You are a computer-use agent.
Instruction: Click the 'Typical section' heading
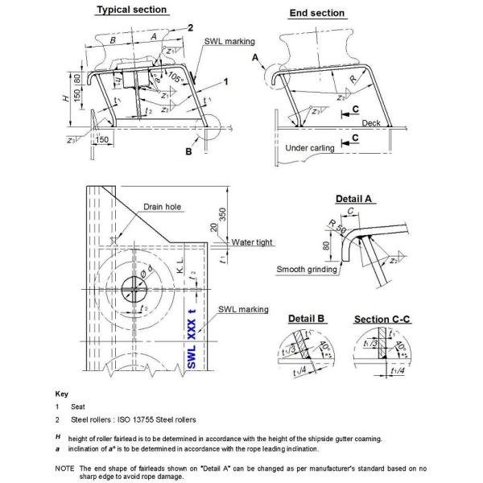(x=132, y=10)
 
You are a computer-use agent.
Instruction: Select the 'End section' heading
(x=316, y=13)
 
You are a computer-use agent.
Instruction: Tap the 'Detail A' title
(x=358, y=198)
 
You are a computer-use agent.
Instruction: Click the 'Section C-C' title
(x=383, y=320)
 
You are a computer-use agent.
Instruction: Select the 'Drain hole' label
(x=163, y=207)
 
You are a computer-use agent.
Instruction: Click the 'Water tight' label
(x=254, y=242)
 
